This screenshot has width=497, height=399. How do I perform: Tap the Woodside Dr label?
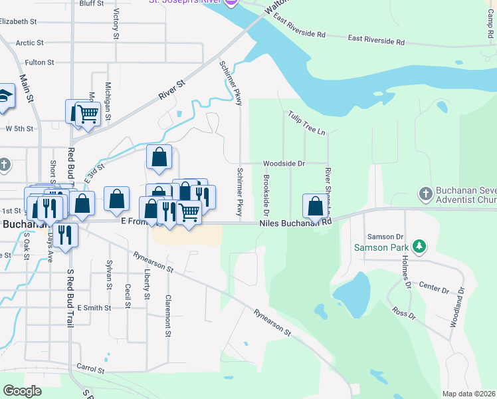pos(284,163)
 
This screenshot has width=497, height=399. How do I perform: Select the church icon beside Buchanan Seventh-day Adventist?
pos(427,194)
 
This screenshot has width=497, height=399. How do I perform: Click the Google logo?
pos(22,391)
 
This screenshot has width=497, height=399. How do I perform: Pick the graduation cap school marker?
pos(5,96)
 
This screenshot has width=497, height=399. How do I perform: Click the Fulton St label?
pos(39,63)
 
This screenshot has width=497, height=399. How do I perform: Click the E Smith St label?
pos(94,308)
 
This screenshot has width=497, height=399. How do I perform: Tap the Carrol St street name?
pos(91,368)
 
